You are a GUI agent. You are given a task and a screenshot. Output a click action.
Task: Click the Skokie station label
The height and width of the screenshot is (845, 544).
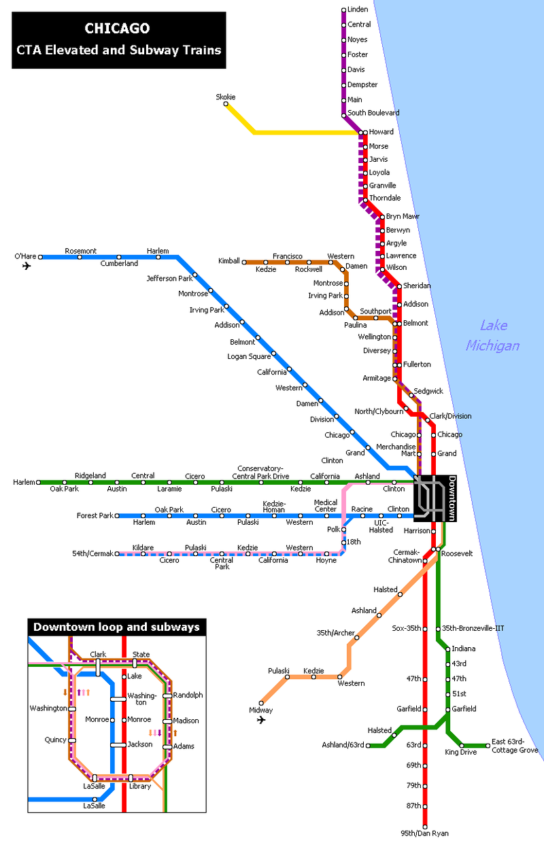(x=226, y=97)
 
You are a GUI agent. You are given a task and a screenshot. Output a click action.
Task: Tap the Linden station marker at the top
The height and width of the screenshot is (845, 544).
(x=344, y=10)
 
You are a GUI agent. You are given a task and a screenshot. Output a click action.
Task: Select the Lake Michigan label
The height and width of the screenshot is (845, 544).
(x=492, y=335)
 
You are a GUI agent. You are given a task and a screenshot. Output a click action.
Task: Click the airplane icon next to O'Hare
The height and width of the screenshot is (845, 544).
(x=27, y=266)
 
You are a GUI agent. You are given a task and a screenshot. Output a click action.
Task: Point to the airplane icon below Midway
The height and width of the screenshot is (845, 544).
(x=261, y=720)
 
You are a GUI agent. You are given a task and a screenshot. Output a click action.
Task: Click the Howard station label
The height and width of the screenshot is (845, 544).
(x=381, y=132)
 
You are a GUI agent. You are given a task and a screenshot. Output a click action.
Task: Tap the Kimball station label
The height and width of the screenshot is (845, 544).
(x=228, y=261)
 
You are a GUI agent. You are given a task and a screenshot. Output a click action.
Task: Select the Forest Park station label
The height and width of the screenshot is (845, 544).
(x=95, y=516)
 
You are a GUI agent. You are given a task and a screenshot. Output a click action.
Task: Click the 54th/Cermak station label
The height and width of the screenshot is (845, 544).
(x=92, y=554)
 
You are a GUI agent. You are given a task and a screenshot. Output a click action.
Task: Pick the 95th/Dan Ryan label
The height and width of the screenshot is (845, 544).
(x=425, y=833)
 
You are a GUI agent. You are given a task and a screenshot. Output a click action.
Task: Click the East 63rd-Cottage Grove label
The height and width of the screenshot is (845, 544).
(x=515, y=746)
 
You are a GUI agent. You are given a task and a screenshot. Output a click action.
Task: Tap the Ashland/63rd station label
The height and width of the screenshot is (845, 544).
(x=343, y=746)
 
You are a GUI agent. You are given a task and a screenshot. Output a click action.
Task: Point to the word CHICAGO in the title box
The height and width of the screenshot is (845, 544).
(x=117, y=29)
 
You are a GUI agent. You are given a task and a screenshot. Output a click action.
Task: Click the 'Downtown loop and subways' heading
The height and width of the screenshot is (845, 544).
(x=116, y=627)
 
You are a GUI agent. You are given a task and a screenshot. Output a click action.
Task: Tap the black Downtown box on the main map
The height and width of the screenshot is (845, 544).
(x=435, y=498)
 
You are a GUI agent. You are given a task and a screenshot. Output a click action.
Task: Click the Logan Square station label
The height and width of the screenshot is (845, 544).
(x=248, y=356)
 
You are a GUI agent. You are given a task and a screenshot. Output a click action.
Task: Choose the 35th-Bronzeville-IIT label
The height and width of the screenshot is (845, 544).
(x=473, y=629)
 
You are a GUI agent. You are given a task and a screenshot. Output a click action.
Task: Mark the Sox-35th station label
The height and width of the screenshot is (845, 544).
(x=407, y=629)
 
